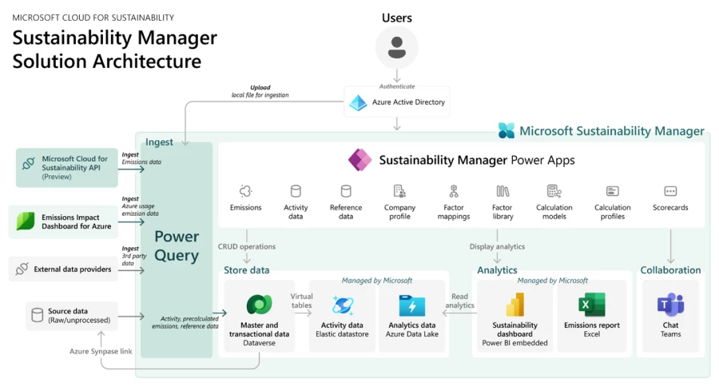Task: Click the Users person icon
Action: tap(396, 46)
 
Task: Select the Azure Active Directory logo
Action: tap(359, 102)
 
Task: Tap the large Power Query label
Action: tap(177, 245)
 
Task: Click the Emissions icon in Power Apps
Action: tap(245, 191)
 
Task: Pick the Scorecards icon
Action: tap(670, 191)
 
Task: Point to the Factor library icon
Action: tap(503, 191)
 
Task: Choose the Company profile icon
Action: tap(399, 191)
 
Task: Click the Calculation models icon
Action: tap(554, 191)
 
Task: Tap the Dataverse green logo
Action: tap(259, 305)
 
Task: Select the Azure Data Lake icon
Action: tap(411, 305)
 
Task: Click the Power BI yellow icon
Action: tap(514, 305)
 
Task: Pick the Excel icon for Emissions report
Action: tap(592, 305)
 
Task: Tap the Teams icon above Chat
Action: tap(670, 305)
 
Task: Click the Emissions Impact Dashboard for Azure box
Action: tap(66, 221)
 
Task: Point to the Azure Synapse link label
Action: tap(101, 351)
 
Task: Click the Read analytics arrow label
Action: tap(459, 300)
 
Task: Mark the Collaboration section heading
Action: tap(670, 270)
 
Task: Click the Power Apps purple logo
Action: tap(360, 160)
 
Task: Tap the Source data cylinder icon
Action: tap(37, 315)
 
